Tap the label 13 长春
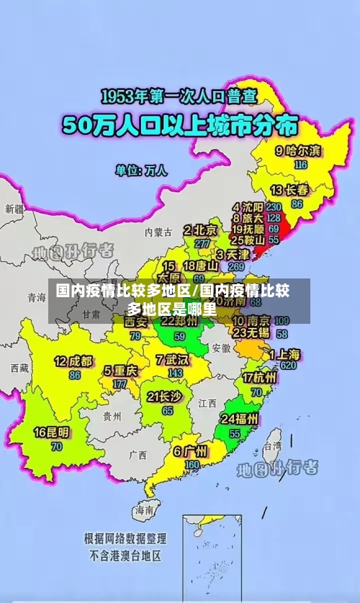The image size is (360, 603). click(290, 191)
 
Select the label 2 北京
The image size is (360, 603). click(200, 230)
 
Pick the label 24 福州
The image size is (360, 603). click(240, 420)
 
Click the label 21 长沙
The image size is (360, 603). click(164, 396)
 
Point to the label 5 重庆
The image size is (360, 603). click(120, 371)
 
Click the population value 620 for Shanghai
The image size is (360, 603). click(288, 366)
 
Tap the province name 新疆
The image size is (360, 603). click(14, 209)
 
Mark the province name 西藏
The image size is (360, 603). click(19, 368)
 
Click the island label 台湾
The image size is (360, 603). click(271, 446)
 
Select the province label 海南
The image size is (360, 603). click(144, 509)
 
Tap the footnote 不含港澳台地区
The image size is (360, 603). click(125, 556)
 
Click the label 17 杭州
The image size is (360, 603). click(259, 378)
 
